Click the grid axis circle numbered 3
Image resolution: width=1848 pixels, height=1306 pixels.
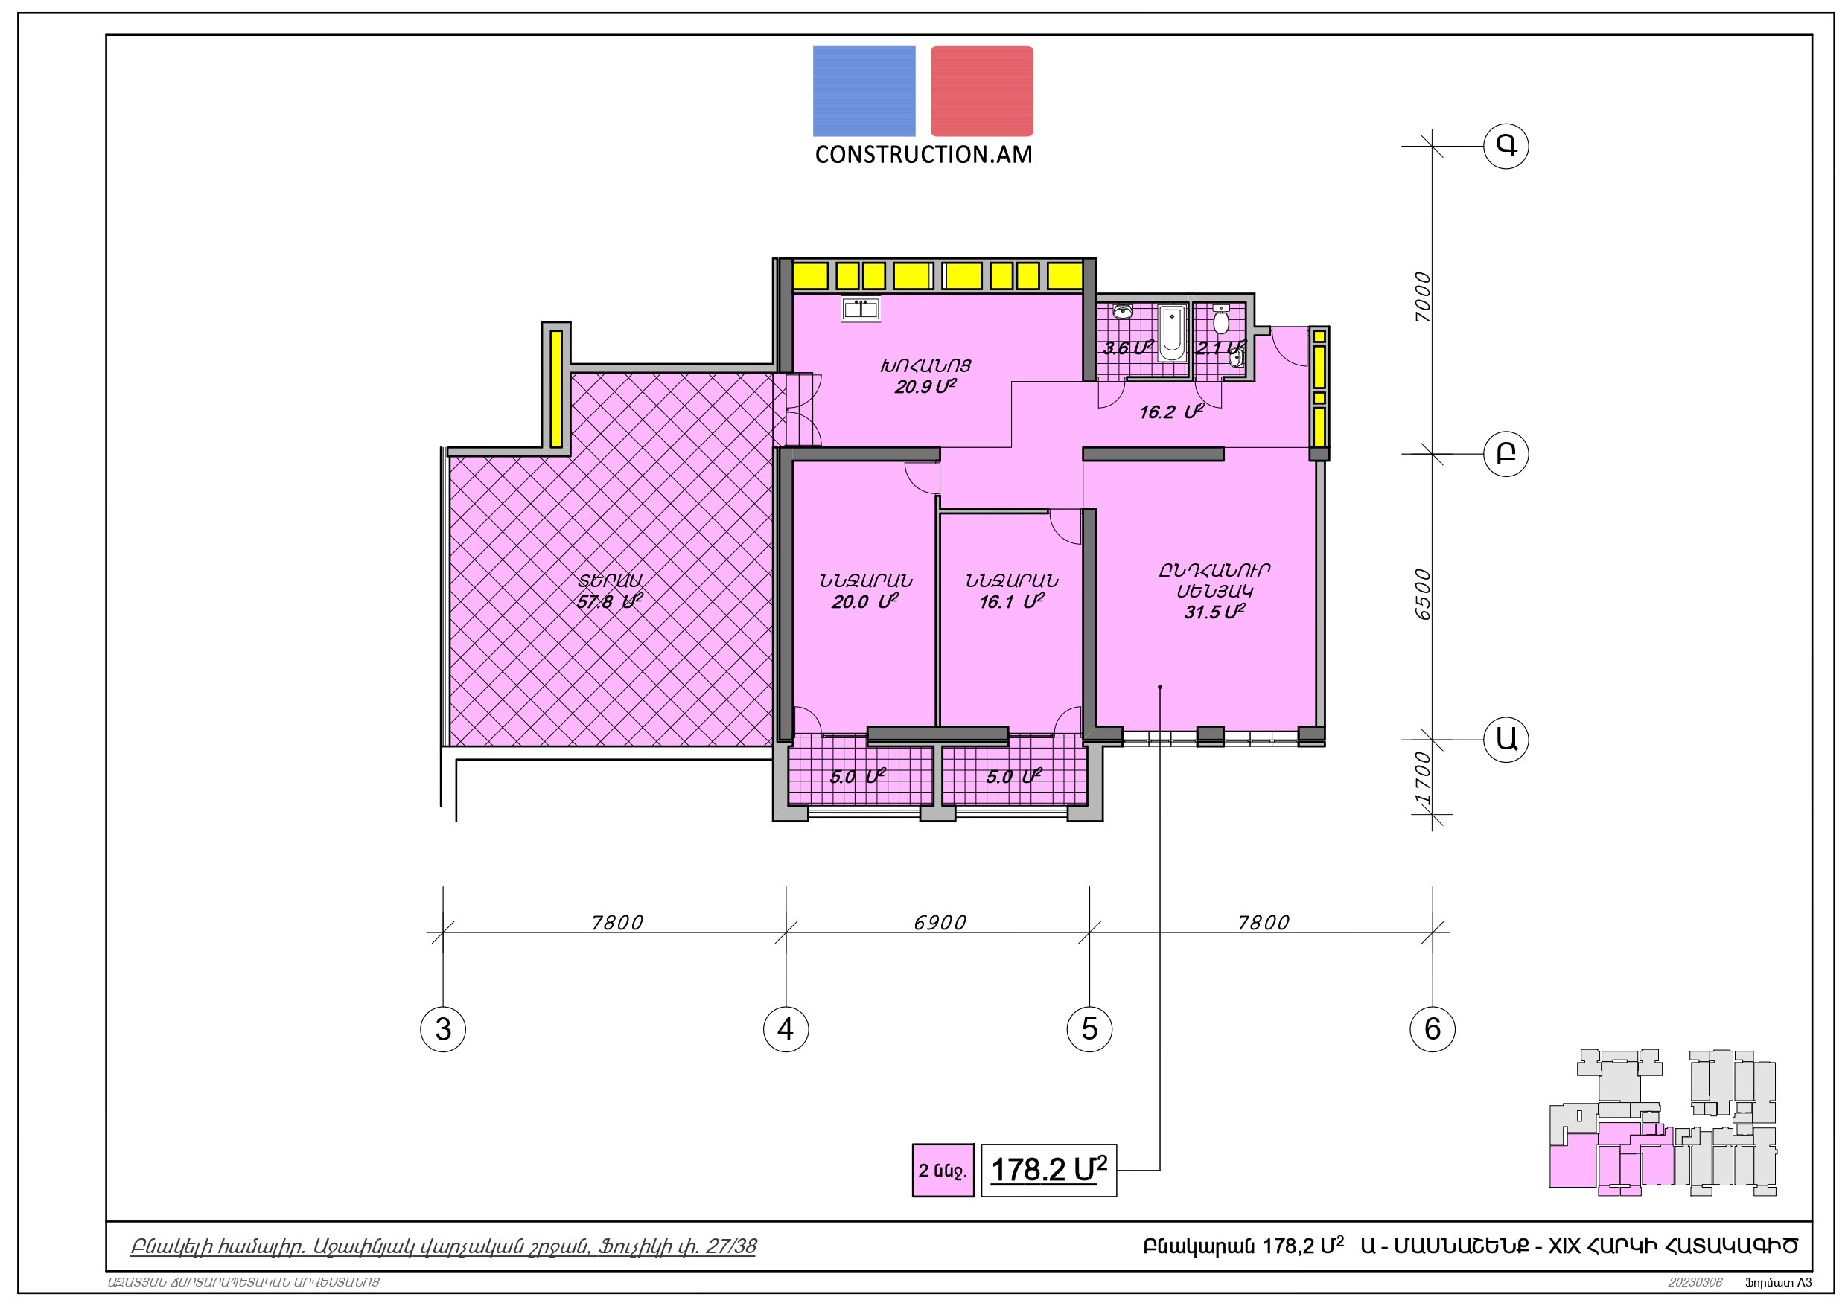pos(443,1028)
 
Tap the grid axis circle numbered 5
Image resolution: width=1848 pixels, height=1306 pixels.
pos(1089,1028)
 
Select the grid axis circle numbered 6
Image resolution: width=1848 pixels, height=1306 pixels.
pos(1433,1028)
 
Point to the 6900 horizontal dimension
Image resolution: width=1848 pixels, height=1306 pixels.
pos(940,922)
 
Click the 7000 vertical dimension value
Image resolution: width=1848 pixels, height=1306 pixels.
pos(1423,298)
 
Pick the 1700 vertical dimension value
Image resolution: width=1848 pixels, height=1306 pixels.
pos(1423,778)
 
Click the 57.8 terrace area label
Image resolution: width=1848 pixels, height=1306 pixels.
pos(609,601)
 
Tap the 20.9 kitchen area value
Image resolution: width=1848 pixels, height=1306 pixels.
pos(925,387)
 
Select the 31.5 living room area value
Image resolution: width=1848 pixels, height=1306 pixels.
pos(1214,612)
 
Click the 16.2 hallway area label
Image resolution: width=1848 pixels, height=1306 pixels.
pos(1171,413)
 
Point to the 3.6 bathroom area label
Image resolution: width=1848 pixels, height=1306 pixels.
pos(1127,348)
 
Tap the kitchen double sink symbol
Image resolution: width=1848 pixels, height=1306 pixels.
pos(861,308)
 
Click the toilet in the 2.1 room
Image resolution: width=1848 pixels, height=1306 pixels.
pos(1221,319)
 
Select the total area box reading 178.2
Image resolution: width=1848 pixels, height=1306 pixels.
pos(1049,1169)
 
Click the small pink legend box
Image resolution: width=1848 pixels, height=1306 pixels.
pos(943,1169)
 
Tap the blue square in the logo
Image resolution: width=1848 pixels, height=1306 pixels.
pos(864,91)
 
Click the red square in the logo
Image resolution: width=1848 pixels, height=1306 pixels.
pos(982,91)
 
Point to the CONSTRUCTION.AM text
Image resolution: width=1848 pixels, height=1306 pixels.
pos(923,155)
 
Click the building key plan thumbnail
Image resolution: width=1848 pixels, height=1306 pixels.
pos(1663,1133)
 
